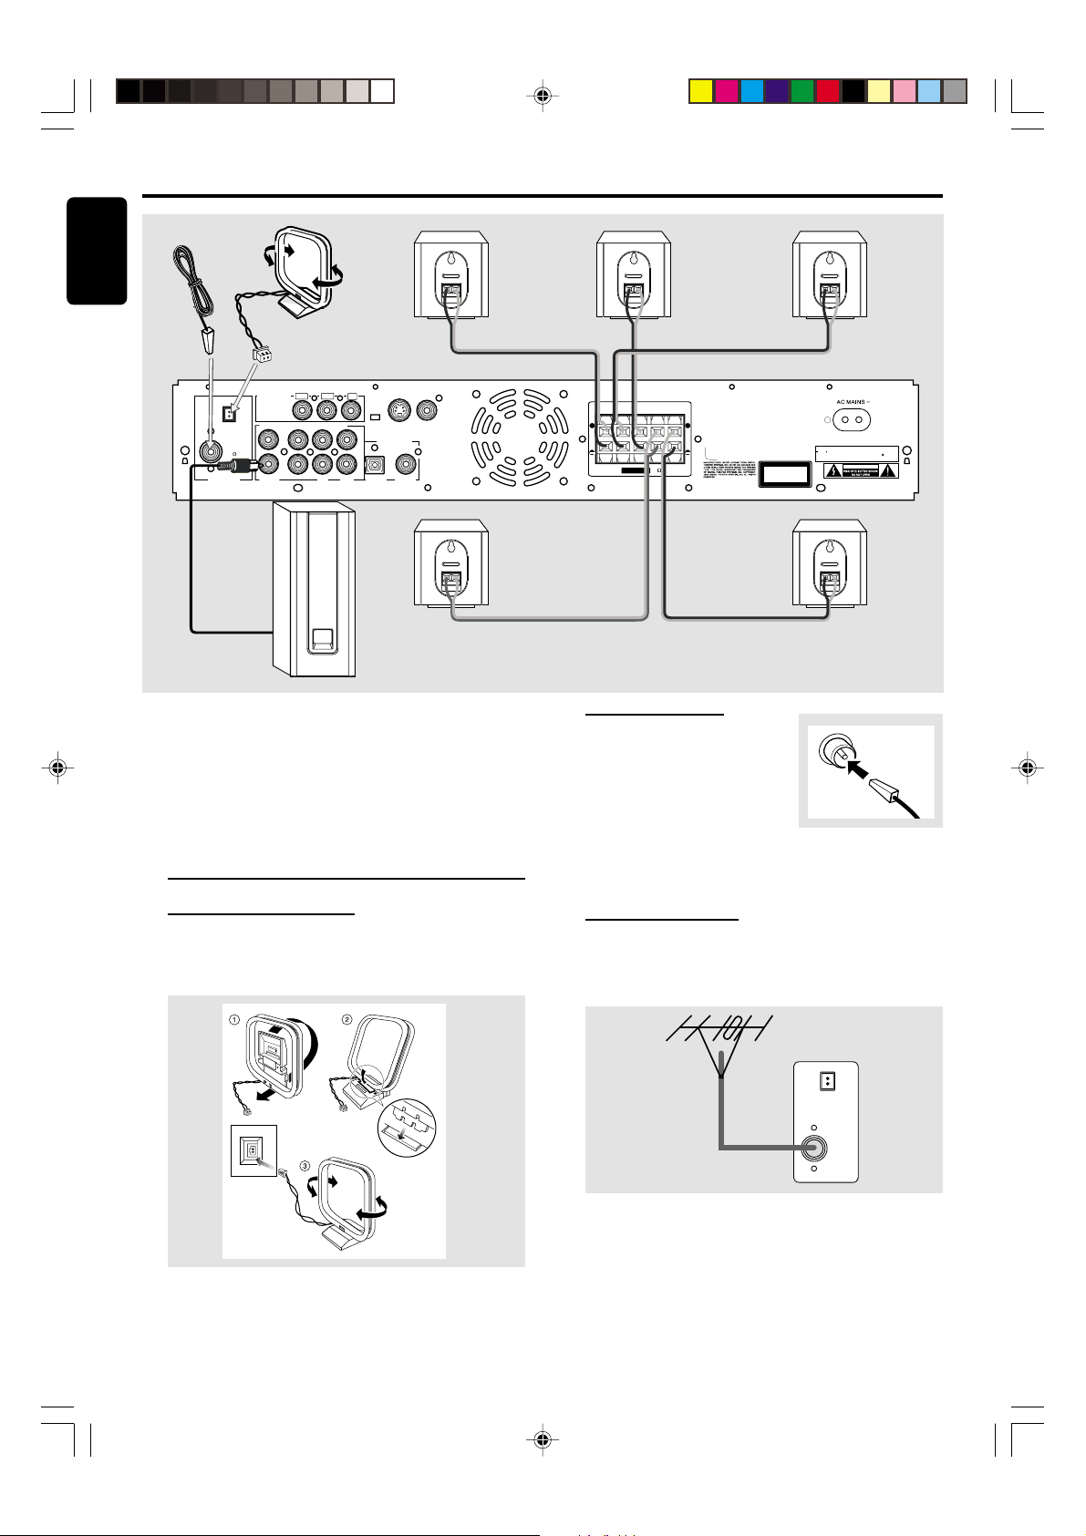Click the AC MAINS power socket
tap(845, 420)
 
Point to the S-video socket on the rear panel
tap(399, 411)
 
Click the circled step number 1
tap(234, 1019)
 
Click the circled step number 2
tap(346, 1019)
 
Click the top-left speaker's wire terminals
tap(450, 294)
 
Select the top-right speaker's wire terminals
tap(829, 294)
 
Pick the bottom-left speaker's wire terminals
tap(450, 581)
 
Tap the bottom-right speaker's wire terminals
tap(829, 581)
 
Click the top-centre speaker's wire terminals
tap(633, 294)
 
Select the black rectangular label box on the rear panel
tap(785, 474)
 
